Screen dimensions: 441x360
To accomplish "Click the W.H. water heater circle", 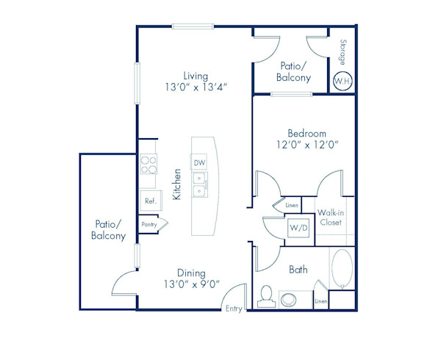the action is pyautogui.click(x=343, y=81).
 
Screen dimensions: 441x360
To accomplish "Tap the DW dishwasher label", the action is pyautogui.click(x=199, y=162).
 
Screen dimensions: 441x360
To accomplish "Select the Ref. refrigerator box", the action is pyautogui.click(x=151, y=201).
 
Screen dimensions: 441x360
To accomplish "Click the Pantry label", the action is pyautogui.click(x=149, y=225).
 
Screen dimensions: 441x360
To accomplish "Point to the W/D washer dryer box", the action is pyautogui.click(x=298, y=228).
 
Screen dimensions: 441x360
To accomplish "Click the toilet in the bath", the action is pyautogui.click(x=266, y=296).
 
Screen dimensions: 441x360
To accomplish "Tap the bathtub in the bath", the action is pyautogui.click(x=342, y=268).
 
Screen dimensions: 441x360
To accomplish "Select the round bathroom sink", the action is pyautogui.click(x=288, y=300).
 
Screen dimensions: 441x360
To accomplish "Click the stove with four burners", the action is pyautogui.click(x=148, y=164).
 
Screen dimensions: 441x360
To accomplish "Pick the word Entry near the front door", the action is pyautogui.click(x=234, y=309).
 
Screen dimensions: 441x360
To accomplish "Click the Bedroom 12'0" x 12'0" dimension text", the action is pyautogui.click(x=307, y=145).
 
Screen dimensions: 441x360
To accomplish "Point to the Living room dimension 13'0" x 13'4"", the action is pyautogui.click(x=196, y=87).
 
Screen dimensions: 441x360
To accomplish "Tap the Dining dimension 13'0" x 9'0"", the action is pyautogui.click(x=192, y=284).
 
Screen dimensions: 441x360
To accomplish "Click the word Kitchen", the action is pyautogui.click(x=176, y=184).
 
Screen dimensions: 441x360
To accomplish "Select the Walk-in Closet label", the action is pyautogui.click(x=331, y=217).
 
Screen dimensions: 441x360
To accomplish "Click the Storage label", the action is pyautogui.click(x=343, y=52).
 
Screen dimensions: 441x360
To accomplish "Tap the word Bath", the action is pyautogui.click(x=298, y=270).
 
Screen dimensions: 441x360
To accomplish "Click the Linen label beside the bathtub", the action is pyautogui.click(x=321, y=301).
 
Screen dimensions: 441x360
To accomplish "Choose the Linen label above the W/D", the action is pyautogui.click(x=292, y=205).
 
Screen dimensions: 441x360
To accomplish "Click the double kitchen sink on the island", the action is pyautogui.click(x=200, y=184).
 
